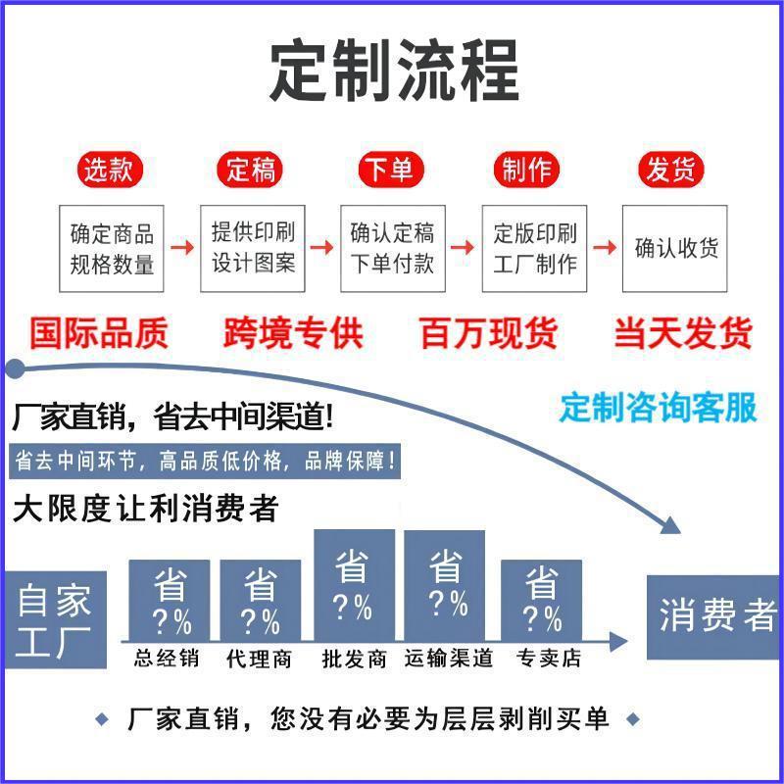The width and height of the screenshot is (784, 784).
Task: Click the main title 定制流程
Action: coord(393,72)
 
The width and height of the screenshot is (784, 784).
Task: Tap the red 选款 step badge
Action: coord(108,171)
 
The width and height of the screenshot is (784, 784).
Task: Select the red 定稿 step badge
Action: coord(251,171)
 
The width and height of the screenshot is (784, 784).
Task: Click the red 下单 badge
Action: coord(389,171)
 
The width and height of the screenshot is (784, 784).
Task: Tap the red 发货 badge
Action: coord(671,171)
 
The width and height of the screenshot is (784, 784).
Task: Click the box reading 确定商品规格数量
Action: coord(112,248)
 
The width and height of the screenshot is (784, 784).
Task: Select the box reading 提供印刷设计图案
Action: coord(253,248)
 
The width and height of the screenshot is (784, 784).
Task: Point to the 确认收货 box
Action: coord(675,248)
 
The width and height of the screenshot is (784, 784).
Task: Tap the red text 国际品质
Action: coord(98,333)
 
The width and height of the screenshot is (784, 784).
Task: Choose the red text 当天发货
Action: coord(683,333)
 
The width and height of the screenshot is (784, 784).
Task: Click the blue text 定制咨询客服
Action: coord(659,407)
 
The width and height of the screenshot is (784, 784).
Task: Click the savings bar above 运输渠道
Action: coord(445,585)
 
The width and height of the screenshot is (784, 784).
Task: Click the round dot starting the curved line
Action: coord(14,369)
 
